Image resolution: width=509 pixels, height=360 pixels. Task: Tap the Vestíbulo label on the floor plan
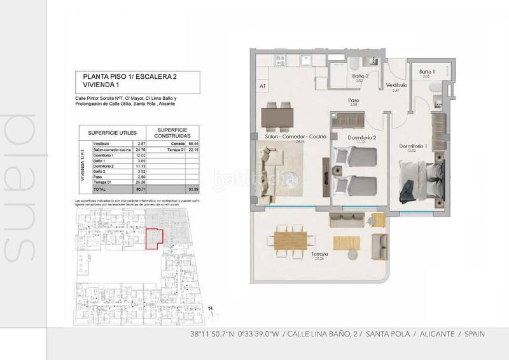coord(396,85)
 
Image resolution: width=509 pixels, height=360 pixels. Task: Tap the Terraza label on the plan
coord(319,254)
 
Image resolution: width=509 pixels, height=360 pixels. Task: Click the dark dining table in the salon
coord(278,116)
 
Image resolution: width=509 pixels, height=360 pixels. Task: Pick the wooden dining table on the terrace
coord(291,240)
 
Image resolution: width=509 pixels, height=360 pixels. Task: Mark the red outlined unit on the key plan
coord(155,239)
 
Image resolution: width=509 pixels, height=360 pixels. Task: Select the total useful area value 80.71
coord(142,190)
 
